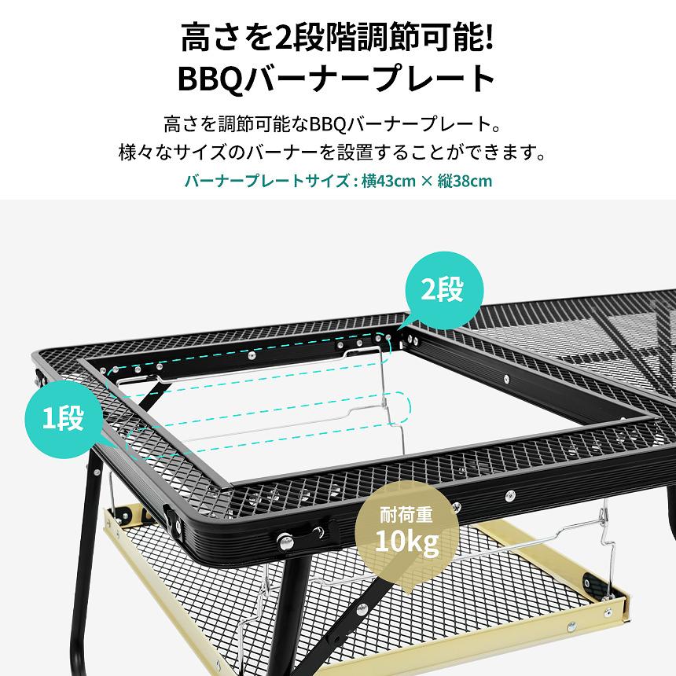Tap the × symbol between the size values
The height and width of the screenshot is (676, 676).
pyautogui.click(x=426, y=182)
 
